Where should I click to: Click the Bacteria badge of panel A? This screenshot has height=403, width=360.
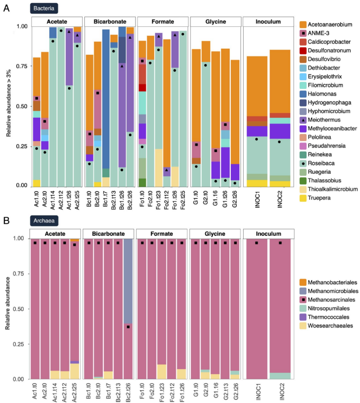click(x=44, y=8)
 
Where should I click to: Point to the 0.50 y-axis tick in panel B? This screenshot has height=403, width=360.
click(x=20, y=309)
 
